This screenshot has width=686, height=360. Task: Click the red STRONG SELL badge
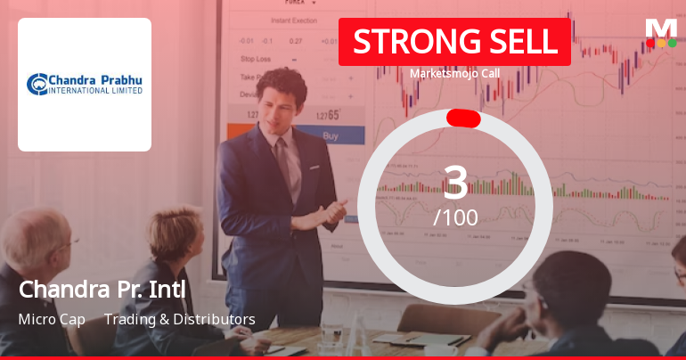click(454, 42)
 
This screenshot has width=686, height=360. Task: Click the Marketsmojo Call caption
click(454, 74)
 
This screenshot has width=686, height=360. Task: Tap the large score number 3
click(455, 182)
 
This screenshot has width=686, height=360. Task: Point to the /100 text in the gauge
click(455, 217)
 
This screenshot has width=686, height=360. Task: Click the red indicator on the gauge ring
click(463, 119)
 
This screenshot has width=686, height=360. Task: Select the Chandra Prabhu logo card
click(85, 85)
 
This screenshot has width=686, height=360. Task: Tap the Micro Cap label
click(52, 319)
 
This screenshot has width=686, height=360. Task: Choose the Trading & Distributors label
click(180, 319)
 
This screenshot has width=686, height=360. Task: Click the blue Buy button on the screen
click(331, 136)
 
